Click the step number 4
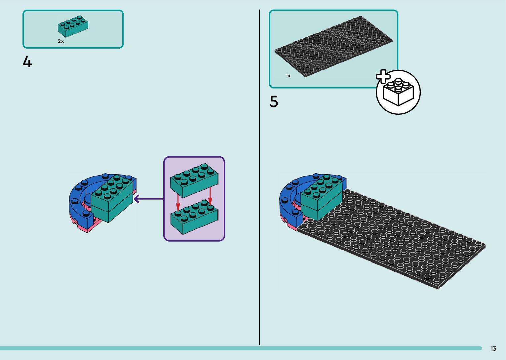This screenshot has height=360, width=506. (27, 62)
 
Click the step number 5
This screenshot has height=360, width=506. (274, 102)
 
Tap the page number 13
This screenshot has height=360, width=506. (493, 349)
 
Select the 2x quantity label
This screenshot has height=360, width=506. (61, 41)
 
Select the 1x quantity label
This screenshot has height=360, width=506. (288, 76)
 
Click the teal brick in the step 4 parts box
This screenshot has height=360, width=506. (73, 26)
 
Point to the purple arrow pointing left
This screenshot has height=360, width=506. (149, 199)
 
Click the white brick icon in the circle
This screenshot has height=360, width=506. (398, 93)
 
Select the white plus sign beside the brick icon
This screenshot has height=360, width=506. (383, 77)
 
